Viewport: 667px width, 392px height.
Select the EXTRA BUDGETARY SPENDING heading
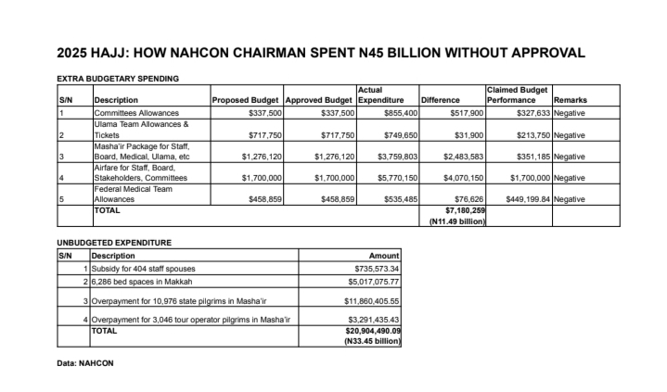[118, 79]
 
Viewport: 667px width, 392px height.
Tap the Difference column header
[441, 100]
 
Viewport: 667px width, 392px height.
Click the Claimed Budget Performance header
[517, 95]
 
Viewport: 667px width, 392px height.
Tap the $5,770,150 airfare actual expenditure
[395, 178]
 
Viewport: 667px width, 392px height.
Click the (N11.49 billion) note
[456, 221]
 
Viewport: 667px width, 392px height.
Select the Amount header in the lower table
[384, 255]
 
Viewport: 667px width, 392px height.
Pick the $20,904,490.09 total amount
[367, 330]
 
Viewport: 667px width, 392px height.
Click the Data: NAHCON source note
[85, 363]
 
